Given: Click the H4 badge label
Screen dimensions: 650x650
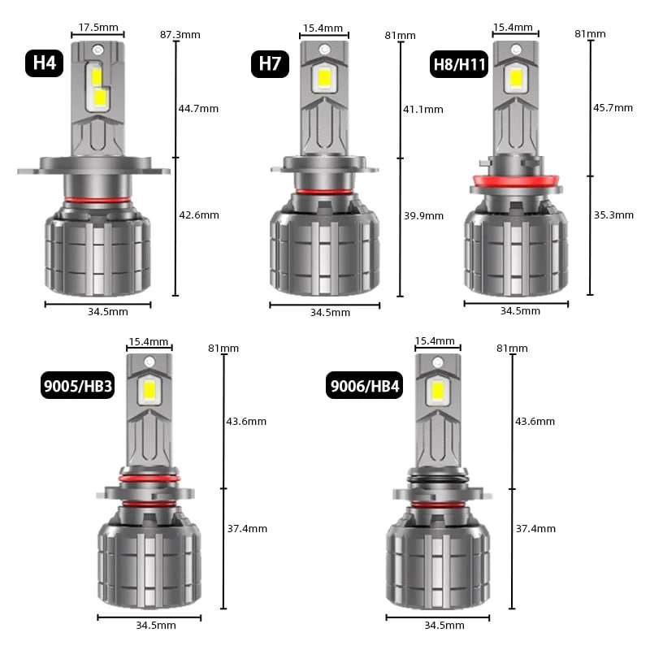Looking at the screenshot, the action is click(x=45, y=63).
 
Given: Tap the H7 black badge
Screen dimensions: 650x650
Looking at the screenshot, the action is click(x=270, y=64).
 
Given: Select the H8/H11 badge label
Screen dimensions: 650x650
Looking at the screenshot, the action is click(x=459, y=64).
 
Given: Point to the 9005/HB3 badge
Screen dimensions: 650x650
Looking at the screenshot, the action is click(x=77, y=385).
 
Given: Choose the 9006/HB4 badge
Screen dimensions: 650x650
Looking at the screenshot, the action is click(x=364, y=385).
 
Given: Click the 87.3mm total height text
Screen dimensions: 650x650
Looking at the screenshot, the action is click(x=180, y=34).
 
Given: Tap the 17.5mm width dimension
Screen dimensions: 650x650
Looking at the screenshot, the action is click(x=98, y=28).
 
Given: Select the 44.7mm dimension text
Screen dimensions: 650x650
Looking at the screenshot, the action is click(x=198, y=109).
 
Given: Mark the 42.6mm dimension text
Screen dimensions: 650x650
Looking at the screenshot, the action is click(x=199, y=215).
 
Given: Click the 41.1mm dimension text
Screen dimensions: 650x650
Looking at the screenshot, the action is click(x=423, y=110).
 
